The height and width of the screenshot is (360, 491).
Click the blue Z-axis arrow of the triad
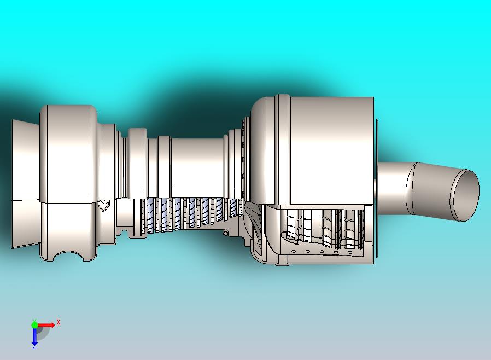pyautogui.click(x=34, y=335)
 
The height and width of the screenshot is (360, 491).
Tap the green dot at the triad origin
pyautogui.click(x=34, y=324)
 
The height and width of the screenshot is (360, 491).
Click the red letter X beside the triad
pyautogui.click(x=59, y=322)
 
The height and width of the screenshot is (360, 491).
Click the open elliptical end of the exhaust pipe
pyautogui.click(x=466, y=195)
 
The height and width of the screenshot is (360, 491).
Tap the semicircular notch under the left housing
pyautogui.click(x=69, y=256)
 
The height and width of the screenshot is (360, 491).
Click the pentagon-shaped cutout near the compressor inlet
pyautogui.click(x=103, y=206)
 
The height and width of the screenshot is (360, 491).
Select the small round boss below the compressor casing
pyautogui.click(x=225, y=233)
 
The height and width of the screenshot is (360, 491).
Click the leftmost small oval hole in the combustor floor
pyautogui.click(x=294, y=251)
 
